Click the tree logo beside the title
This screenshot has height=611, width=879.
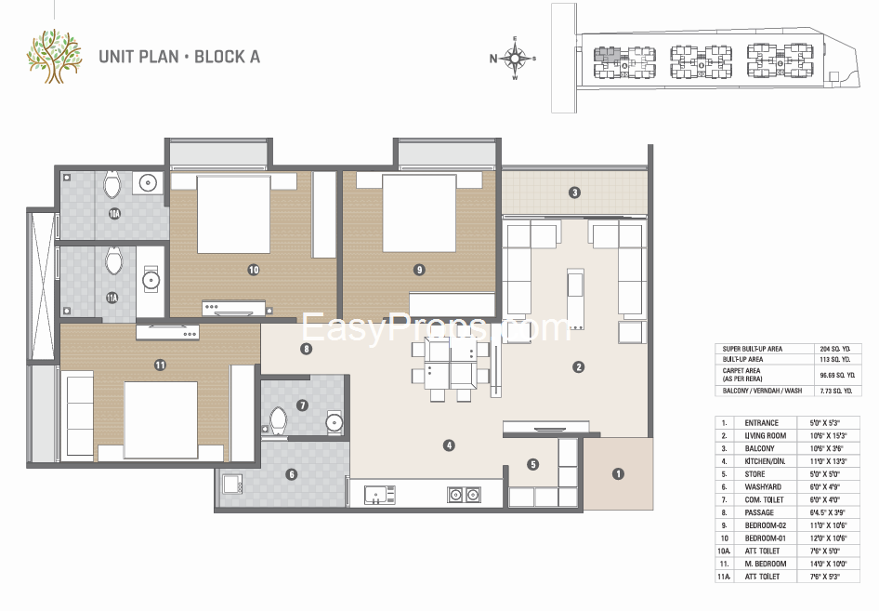54,55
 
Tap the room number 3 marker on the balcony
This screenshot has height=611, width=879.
575,193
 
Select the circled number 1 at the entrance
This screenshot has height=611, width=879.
618,473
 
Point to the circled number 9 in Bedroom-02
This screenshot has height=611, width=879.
420,270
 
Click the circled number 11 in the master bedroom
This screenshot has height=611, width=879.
160,365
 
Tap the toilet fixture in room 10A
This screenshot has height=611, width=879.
112,186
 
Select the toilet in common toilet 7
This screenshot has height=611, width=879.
277,420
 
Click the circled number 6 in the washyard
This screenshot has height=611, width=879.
291,474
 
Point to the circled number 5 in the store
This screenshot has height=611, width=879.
532,464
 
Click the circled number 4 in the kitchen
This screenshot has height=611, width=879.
449,445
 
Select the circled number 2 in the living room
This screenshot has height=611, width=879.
578,367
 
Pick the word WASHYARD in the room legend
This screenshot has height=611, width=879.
763,486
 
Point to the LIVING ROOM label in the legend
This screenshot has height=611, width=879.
766,435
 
